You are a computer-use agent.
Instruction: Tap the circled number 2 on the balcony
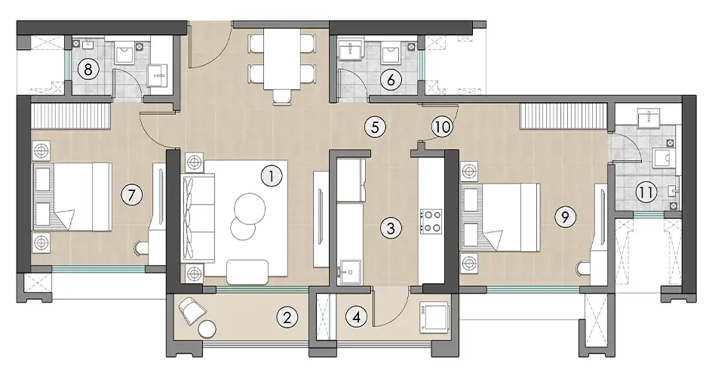[286, 318]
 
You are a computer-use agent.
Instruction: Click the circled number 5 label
[374, 127]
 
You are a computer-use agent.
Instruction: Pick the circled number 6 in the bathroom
[391, 79]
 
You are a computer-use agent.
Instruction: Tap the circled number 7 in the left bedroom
[132, 196]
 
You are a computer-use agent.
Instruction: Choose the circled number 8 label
[88, 71]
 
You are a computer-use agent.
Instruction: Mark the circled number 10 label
[442, 126]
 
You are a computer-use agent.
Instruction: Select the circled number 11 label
[644, 192]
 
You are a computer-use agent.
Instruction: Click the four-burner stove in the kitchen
[433, 220]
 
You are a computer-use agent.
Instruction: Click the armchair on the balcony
[189, 309]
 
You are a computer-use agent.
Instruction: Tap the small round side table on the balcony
[207, 329]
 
